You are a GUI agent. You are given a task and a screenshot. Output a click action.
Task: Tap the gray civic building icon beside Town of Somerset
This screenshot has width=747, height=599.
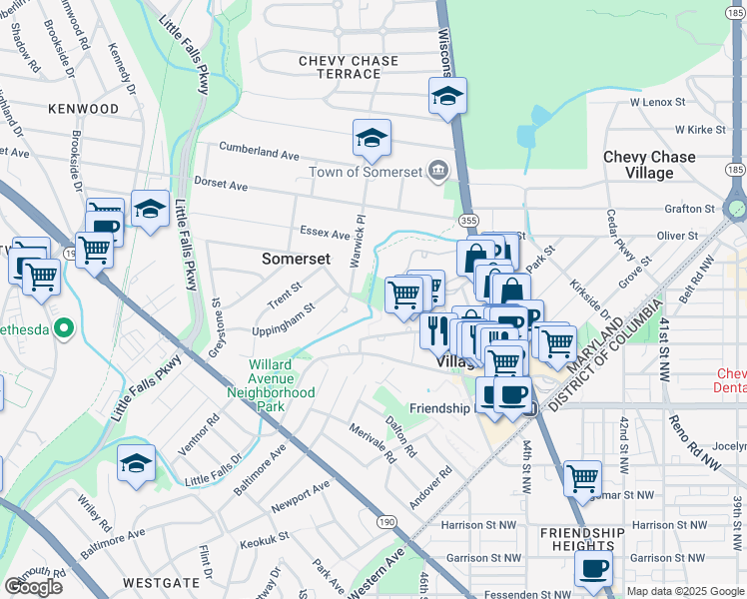437,172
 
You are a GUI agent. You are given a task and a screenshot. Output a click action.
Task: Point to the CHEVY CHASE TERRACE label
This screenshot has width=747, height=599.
349,68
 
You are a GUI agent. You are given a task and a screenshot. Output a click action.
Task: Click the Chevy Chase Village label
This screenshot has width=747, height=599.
649,165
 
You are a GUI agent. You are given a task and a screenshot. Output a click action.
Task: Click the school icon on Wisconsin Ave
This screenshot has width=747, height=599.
447,97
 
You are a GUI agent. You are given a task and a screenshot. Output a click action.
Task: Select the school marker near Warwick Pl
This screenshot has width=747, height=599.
372,139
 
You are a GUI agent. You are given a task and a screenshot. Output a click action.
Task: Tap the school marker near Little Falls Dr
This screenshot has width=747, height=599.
137,463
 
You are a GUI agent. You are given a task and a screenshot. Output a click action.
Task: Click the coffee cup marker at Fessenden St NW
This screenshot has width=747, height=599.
593,570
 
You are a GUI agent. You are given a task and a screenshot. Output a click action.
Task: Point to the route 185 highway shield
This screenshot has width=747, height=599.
736,171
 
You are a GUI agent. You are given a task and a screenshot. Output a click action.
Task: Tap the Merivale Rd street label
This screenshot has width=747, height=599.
373,442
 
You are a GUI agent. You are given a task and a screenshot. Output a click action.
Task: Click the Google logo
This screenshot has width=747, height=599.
33,587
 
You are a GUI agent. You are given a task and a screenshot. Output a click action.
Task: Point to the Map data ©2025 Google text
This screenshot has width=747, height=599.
684,591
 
